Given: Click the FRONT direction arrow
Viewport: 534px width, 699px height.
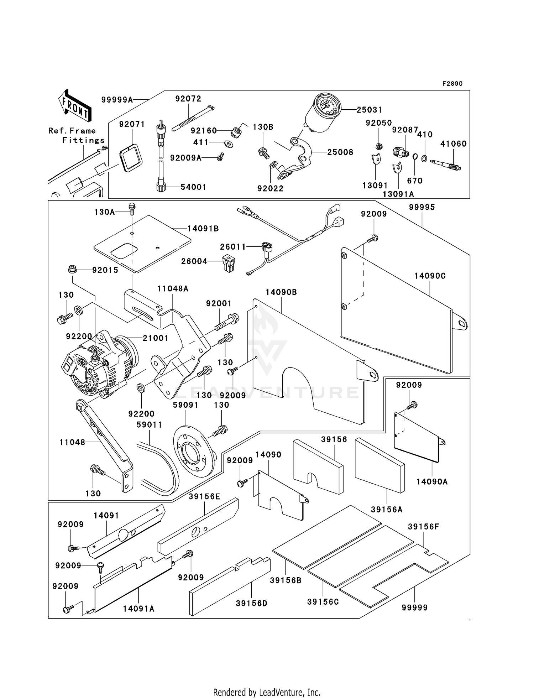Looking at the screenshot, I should tap(75, 106).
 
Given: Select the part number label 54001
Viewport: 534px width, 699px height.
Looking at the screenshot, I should tap(193, 187).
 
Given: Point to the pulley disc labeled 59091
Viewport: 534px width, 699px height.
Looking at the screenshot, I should tap(194, 450).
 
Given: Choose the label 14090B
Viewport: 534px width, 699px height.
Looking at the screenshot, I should tap(281, 292).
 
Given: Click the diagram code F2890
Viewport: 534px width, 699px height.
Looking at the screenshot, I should tap(452, 84).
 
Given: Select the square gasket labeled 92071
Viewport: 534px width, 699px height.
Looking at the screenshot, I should tap(131, 158).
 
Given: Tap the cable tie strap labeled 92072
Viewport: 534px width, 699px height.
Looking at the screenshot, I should tap(193, 118).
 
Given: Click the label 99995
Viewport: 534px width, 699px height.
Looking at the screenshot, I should tap(422, 207).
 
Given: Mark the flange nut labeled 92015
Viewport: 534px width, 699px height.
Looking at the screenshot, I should tap(73, 269).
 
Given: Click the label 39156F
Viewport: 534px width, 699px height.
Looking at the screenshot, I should tap(423, 526).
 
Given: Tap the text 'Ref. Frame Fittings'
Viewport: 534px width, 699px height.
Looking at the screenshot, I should tap(76, 135).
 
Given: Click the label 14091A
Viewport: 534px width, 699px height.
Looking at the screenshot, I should tap(138, 609).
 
